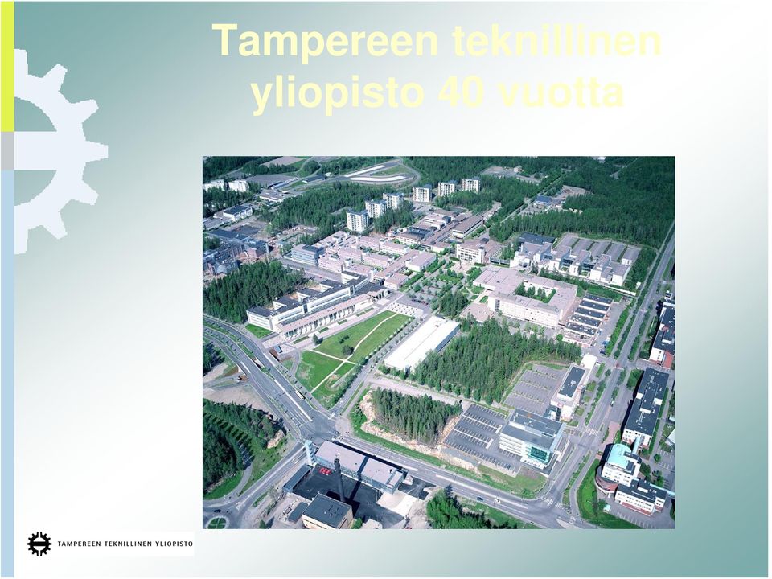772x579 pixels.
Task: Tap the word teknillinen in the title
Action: pyautogui.click(x=556, y=39)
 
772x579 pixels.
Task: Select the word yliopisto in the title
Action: pyautogui.click(x=337, y=95)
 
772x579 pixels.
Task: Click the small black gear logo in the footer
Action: pyautogui.click(x=39, y=544)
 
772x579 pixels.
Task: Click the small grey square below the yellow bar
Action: pyautogui.click(x=7, y=151)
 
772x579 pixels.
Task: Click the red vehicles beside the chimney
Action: pyautogui.click(x=326, y=471)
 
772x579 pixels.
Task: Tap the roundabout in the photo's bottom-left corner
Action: pyautogui.click(x=216, y=522)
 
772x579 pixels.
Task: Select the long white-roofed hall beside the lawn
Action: pyautogui.click(x=422, y=343)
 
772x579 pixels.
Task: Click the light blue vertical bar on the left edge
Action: pyautogui.click(x=7, y=375)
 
